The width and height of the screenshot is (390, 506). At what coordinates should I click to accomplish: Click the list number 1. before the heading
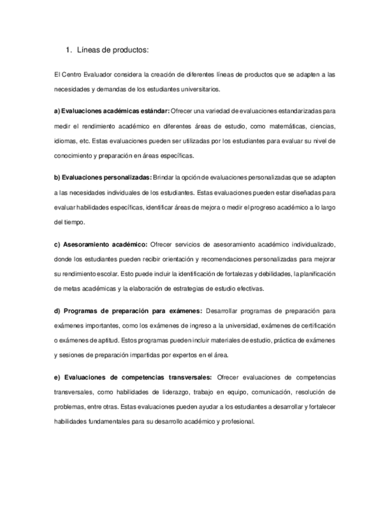pyautogui.click(x=68, y=50)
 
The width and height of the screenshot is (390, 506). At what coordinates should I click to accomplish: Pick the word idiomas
pyautogui.click(x=65, y=141)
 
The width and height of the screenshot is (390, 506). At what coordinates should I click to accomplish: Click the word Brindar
pyautogui.click(x=164, y=177)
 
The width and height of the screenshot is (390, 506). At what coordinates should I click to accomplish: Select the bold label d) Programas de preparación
pyautogui.click(x=128, y=311)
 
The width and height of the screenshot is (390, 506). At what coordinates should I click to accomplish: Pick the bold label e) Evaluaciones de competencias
pyautogui.click(x=133, y=377)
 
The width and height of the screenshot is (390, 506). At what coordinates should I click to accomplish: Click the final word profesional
pyautogui.click(x=236, y=421)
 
